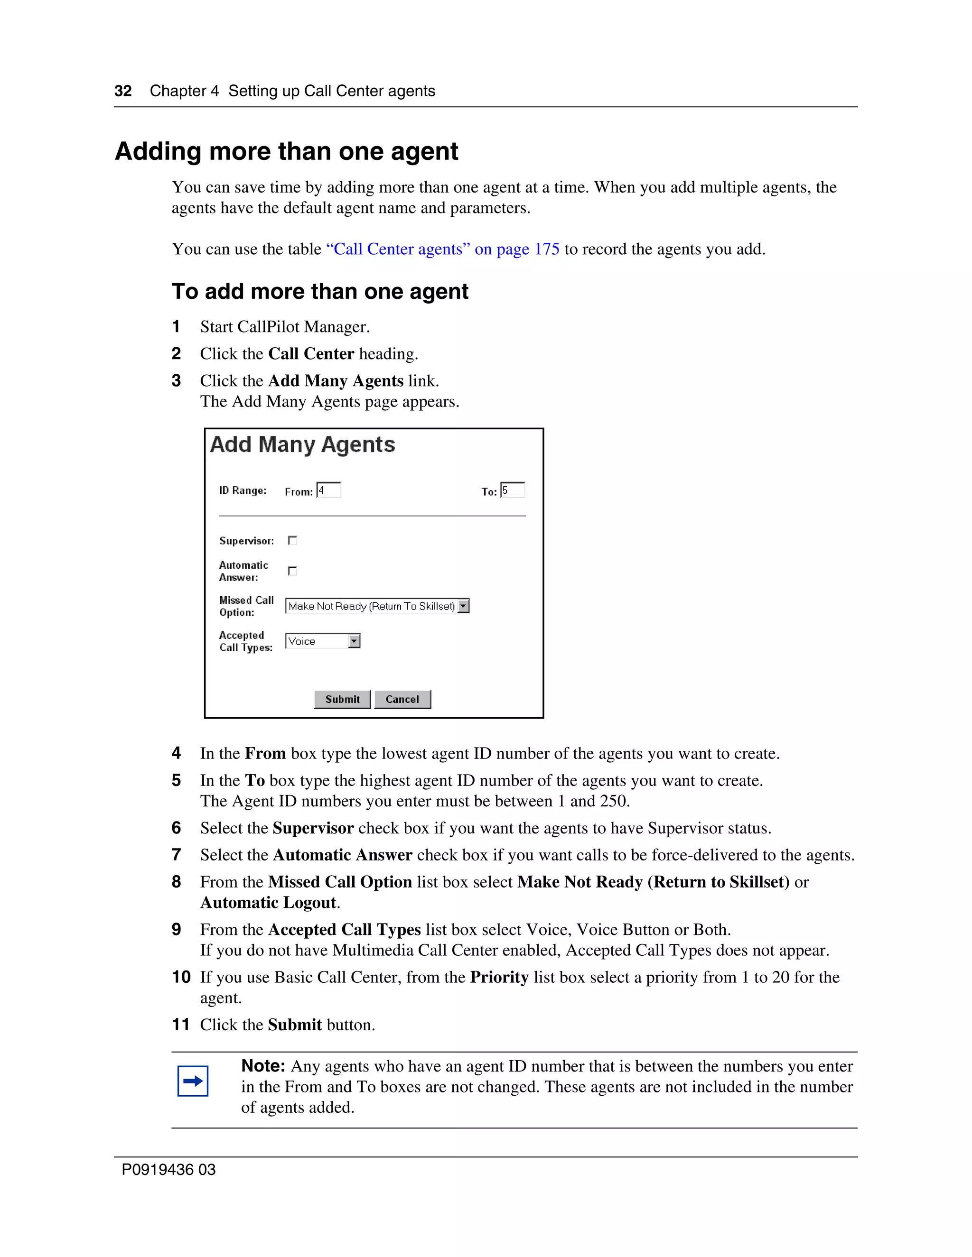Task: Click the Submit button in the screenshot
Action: [x=342, y=699]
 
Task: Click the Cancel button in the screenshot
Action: [x=402, y=699]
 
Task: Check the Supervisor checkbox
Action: [x=292, y=540]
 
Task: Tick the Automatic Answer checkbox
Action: [x=292, y=571]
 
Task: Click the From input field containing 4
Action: [x=329, y=490]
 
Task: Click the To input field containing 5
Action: [x=513, y=490]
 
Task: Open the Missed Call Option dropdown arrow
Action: [x=464, y=606]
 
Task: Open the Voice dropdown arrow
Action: [x=354, y=641]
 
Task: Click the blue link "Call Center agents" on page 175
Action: [x=442, y=249]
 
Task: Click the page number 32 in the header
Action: [x=123, y=91]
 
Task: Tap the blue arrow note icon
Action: [x=193, y=1081]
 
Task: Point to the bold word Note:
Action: [x=263, y=1066]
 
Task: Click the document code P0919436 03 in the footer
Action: [x=168, y=1170]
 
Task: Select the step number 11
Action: [x=181, y=1025]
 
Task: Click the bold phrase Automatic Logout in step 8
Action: [x=268, y=903]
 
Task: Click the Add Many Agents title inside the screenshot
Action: [x=303, y=445]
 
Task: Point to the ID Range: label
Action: [x=243, y=490]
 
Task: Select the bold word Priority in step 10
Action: [x=499, y=977]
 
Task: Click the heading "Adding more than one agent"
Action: [x=287, y=151]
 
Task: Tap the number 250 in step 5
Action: [x=613, y=801]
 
